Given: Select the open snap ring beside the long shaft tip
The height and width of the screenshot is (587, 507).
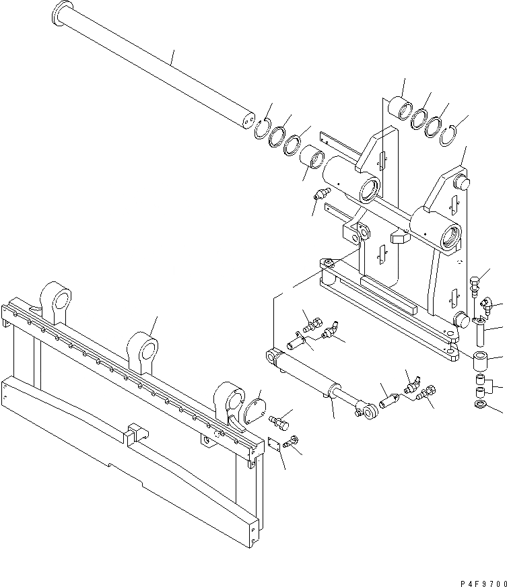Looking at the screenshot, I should pos(262,129).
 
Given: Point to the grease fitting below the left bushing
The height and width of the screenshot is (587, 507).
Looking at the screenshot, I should pos(319,195).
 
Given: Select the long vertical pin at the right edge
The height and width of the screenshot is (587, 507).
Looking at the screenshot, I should pos(481,333).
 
